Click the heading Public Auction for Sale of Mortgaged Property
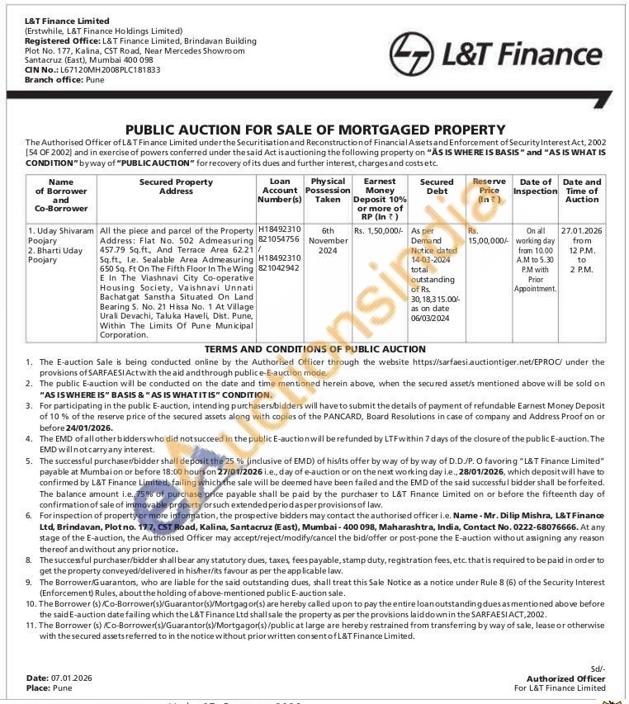(314, 130)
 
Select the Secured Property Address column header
(176, 187)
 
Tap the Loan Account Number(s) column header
(280, 191)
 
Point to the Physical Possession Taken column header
(328, 191)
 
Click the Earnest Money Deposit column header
(380, 195)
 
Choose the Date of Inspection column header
(535, 187)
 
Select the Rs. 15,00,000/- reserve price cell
(488, 235)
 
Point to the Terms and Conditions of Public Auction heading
(314, 349)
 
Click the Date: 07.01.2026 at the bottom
(59, 678)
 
